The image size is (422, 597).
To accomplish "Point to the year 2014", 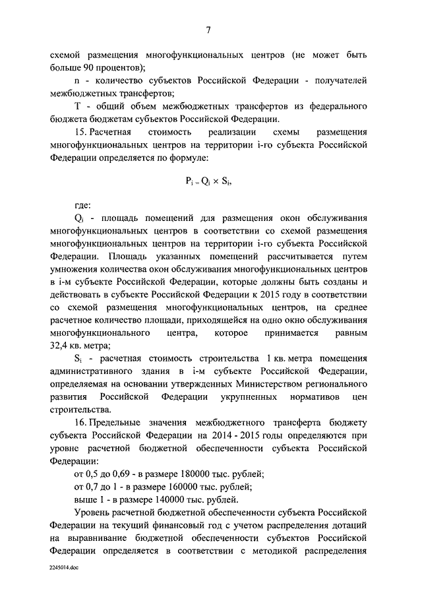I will [x=255, y=435].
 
